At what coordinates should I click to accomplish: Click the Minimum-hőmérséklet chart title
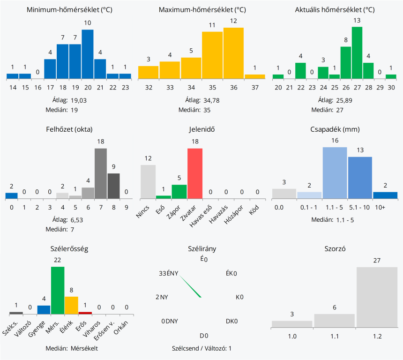tap(69, 10)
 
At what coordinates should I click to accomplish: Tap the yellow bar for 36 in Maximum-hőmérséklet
tap(233, 53)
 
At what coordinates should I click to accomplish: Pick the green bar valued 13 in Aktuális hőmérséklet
tap(357, 52)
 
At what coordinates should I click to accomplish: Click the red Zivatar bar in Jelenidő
tap(195, 173)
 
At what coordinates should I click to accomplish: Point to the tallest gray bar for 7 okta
tap(101, 173)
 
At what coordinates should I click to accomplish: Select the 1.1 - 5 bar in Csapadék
tap(335, 173)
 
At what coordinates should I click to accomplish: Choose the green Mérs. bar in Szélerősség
tap(58, 290)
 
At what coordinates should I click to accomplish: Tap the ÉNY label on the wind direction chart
tap(172, 274)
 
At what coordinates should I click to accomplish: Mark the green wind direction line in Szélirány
tap(190, 286)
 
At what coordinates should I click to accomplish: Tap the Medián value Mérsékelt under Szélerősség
tap(84, 348)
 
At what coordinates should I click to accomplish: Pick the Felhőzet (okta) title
tap(69, 129)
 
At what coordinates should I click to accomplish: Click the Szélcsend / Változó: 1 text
tap(201, 348)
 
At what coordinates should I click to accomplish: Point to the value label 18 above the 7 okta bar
tap(100, 142)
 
